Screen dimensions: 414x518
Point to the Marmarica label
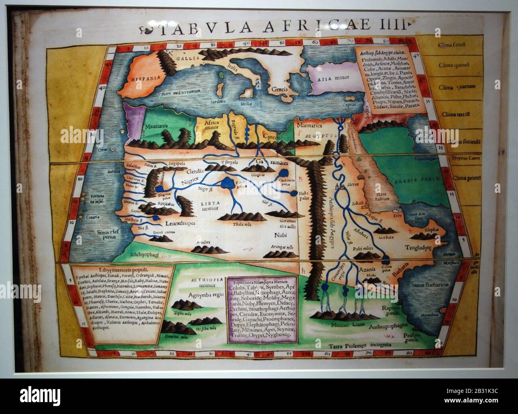(309, 126)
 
